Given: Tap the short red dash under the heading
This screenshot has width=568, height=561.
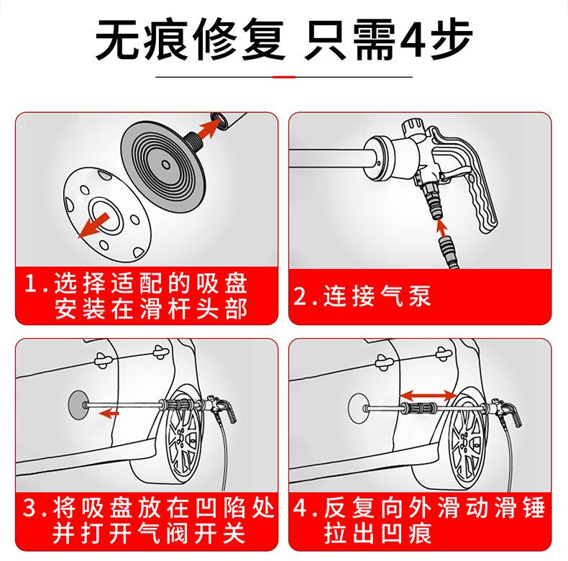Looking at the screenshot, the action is pyautogui.click(x=284, y=77).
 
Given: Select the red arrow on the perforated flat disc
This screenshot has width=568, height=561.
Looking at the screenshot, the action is pyautogui.click(x=93, y=225).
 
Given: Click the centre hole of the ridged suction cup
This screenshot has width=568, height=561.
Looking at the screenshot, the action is pyautogui.click(x=166, y=165).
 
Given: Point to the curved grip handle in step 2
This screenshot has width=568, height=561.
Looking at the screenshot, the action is pyautogui.click(x=471, y=188).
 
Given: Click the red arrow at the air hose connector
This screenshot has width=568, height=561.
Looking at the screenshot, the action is pyautogui.click(x=441, y=227).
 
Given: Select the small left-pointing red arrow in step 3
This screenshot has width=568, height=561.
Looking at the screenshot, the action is pyautogui.click(x=109, y=413).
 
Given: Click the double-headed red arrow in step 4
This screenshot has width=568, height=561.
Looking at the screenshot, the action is pyautogui.click(x=428, y=396).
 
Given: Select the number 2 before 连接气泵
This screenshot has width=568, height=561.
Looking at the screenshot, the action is pyautogui.click(x=300, y=296).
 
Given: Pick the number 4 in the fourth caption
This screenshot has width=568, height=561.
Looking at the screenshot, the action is pyautogui.click(x=300, y=507).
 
